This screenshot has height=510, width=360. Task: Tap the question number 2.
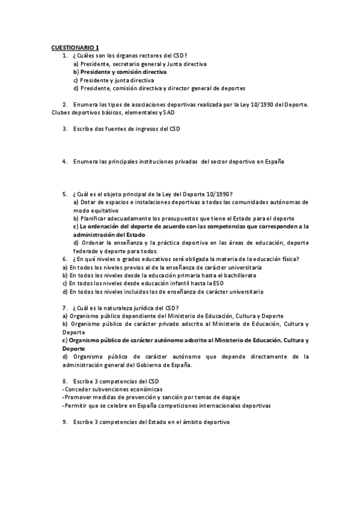(x=64, y=105)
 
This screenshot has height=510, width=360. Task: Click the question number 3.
(x=64, y=129)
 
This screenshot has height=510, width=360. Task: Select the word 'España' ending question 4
(x=273, y=161)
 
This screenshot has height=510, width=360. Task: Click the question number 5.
(x=64, y=194)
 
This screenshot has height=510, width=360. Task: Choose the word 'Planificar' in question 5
(x=93, y=218)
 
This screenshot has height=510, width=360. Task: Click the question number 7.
(x=64, y=307)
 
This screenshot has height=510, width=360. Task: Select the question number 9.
(x=64, y=422)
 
